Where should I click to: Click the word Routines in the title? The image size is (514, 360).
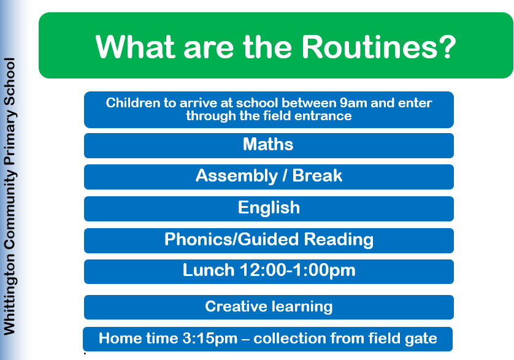point(369,47)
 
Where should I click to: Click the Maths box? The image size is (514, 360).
point(269,145)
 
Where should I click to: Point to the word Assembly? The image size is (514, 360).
point(237,176)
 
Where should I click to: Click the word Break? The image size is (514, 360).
point(317,175)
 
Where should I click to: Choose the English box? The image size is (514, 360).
point(269,209)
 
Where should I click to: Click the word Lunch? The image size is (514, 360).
point(209,270)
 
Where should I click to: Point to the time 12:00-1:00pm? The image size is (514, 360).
point(297,271)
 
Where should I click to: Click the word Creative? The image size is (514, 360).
point(236,306)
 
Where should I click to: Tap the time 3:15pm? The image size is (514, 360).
point(210,339)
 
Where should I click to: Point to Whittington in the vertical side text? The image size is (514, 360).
point(10,294)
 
